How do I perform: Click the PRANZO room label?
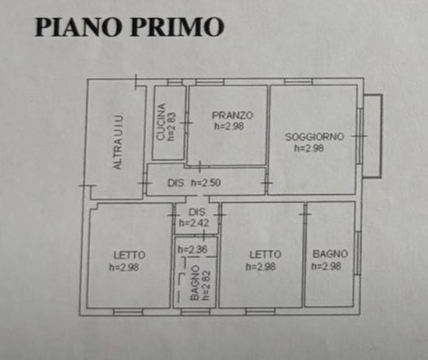pos(232,115)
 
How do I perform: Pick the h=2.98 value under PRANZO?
pos(229,126)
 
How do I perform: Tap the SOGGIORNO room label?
pos(315,137)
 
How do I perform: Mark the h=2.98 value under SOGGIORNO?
pos(309,148)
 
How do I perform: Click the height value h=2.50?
pos(205,182)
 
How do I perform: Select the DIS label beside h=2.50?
pos(176,182)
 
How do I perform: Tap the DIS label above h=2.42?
pos(196,212)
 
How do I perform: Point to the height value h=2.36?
pos(191,249)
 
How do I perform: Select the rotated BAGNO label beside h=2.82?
pos(194,284)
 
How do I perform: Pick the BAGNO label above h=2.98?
pos(330,254)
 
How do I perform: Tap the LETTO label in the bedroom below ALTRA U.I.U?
pos(129,254)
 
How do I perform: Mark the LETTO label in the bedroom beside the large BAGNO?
pos(265,254)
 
